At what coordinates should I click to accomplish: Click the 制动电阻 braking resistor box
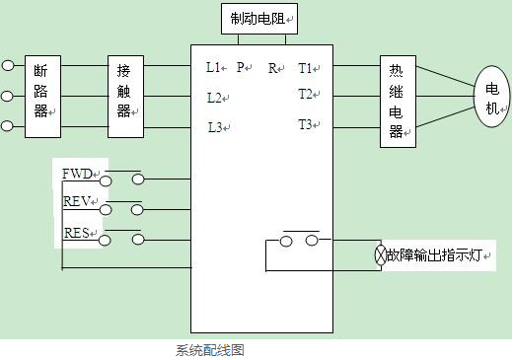[259, 18]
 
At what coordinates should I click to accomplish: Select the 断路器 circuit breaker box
[39, 96]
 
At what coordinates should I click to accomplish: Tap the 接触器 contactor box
[124, 96]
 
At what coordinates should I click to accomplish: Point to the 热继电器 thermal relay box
[396, 102]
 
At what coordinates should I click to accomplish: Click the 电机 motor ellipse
[491, 97]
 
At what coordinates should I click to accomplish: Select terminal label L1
[213, 68]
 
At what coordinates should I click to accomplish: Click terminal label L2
[214, 98]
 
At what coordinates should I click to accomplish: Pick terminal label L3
[214, 127]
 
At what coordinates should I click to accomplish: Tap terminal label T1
[305, 68]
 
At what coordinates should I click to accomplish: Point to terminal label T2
[305, 95]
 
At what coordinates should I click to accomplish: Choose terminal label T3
[305, 124]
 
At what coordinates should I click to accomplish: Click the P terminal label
[240, 68]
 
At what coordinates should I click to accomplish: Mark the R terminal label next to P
[272, 68]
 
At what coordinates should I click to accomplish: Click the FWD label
[77, 174]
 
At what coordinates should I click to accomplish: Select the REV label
[77, 201]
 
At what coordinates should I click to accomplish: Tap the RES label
[77, 234]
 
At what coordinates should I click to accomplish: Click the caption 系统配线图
[209, 349]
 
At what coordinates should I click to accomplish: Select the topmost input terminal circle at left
[9, 65]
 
